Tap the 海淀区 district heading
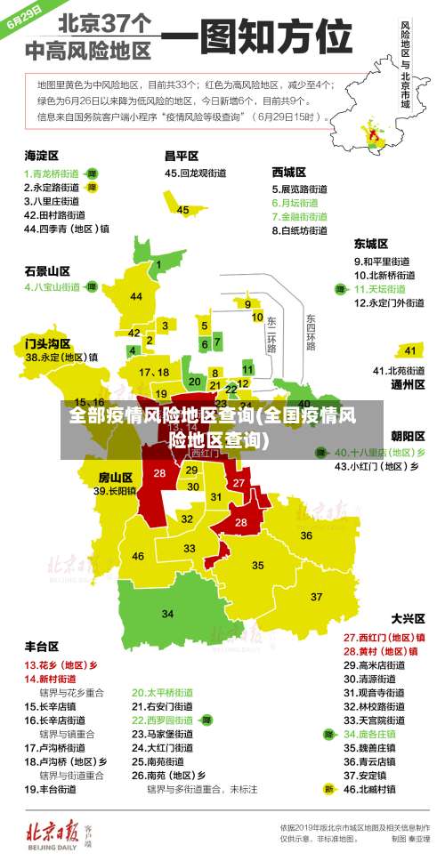coord(41,154)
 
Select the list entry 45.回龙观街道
coord(198,173)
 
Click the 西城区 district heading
coord(289,172)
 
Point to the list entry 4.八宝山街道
coord(53,287)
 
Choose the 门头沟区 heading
coord(47,342)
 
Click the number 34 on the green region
coord(167,613)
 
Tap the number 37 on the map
coord(316,596)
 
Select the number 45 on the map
coord(182,210)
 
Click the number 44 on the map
coord(135,296)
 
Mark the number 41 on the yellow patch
coord(409,350)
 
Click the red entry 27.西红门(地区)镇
coord(384,637)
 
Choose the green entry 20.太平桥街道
coord(163,691)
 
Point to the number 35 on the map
coord(258,565)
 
